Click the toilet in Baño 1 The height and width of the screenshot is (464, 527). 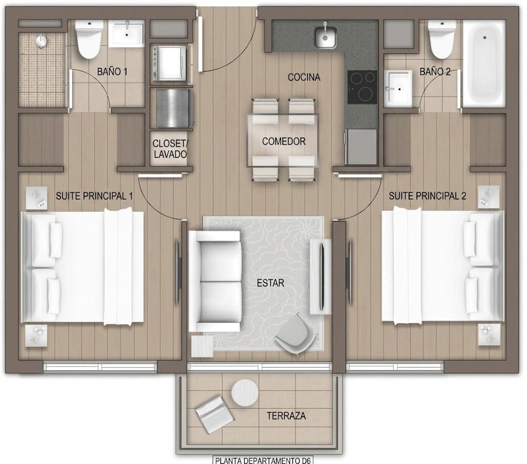point(89,39)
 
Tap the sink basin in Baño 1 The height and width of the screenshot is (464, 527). point(127,32)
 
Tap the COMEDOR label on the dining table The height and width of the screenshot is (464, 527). point(284,141)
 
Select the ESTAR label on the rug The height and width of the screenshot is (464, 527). point(270,283)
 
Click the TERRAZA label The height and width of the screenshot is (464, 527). point(286,416)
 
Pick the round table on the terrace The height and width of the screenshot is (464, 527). point(244,393)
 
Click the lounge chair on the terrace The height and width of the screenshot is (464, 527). point(215,414)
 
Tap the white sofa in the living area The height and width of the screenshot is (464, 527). point(215,281)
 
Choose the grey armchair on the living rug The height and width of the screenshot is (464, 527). point(296,333)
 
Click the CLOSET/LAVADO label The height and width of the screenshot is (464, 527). point(170,149)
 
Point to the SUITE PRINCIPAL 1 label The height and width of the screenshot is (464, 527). point(94,196)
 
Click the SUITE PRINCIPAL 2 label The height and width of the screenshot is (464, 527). point(427,196)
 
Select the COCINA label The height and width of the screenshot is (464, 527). point(304,77)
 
